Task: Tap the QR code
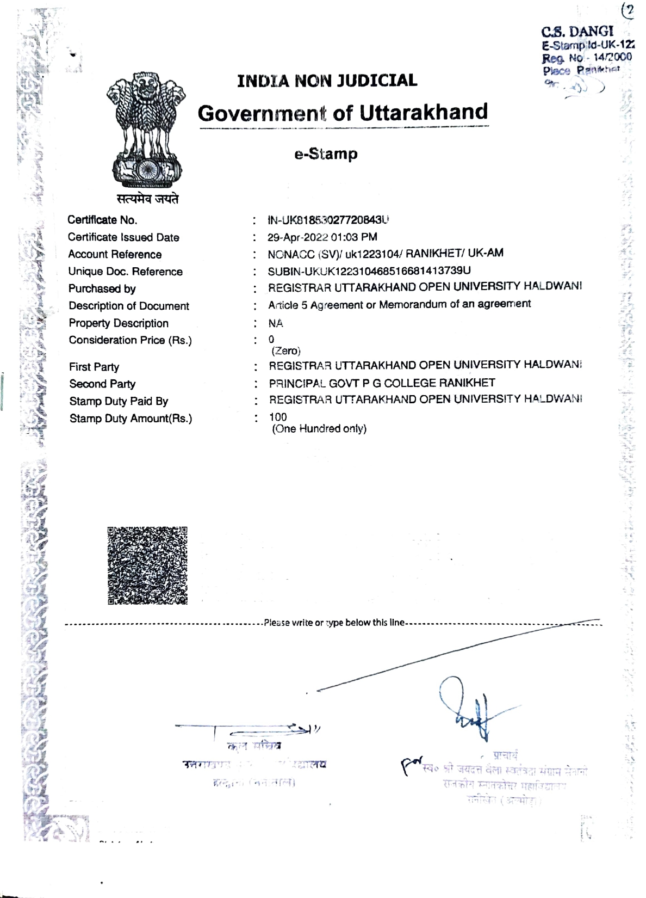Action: click(x=147, y=565)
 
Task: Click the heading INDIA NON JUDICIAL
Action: click(x=327, y=81)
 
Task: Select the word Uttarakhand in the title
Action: click(x=424, y=112)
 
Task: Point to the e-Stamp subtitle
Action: click(x=326, y=154)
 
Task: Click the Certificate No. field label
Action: click(x=102, y=220)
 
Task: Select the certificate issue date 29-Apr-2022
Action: click(x=298, y=237)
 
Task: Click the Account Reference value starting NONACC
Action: click(x=385, y=254)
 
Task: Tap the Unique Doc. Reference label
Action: click(x=125, y=272)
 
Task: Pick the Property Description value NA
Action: click(x=276, y=323)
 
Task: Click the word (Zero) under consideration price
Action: click(x=286, y=351)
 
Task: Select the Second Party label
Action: click(x=102, y=384)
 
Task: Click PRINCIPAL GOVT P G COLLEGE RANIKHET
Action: click(x=382, y=383)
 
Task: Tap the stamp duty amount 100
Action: click(x=278, y=417)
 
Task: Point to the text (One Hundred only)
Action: click(x=319, y=429)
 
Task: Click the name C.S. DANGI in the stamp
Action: click(x=577, y=32)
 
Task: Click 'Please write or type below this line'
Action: click(x=334, y=623)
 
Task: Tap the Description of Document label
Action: click(x=129, y=306)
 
